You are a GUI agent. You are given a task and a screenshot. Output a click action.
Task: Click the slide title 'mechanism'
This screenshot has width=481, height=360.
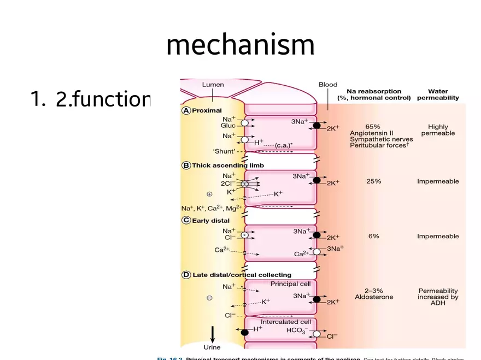coord(240,45)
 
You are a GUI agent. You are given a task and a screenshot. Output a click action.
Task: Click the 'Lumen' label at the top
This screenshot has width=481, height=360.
coord(213,85)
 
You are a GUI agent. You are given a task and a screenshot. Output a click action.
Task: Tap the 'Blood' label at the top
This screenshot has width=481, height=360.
coord(328,85)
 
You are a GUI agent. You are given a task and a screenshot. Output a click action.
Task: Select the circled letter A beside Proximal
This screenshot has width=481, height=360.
coord(186,110)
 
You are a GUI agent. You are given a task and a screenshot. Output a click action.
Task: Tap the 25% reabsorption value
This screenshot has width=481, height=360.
coord(373,181)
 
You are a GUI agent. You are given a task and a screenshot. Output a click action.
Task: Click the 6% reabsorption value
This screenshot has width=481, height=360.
coord(373,236)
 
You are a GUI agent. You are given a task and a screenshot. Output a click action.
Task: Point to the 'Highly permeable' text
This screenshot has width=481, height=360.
coord(438,129)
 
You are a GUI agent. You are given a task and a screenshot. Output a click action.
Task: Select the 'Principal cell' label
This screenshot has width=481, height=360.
coord(290,284)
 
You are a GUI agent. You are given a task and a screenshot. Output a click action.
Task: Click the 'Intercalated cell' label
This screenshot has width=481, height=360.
coord(286,322)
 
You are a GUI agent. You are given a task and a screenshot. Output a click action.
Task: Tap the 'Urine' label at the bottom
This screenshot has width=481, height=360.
coord(212,347)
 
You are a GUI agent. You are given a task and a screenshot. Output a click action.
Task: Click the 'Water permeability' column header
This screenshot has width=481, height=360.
coord(438,95)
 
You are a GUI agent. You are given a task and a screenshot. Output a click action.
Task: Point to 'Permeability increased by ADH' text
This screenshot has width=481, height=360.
coord(438,297)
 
